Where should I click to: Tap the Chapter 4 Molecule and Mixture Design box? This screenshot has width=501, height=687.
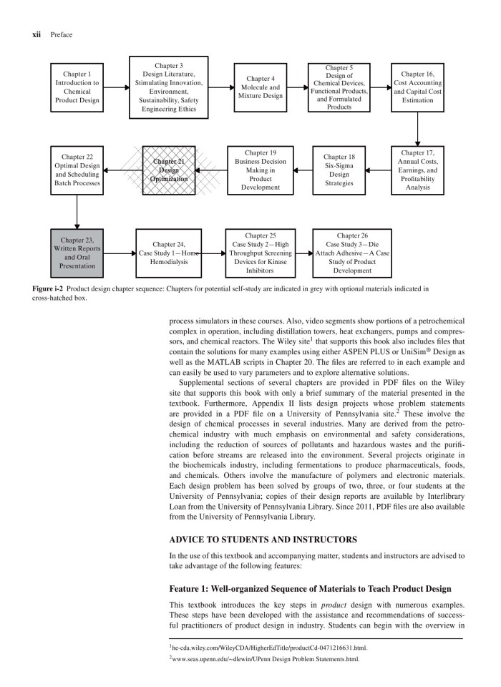259,87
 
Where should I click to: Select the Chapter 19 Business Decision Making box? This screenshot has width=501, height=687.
259,170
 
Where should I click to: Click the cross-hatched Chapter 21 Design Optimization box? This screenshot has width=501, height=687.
169,170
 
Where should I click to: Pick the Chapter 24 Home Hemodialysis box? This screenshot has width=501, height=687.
169,253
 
